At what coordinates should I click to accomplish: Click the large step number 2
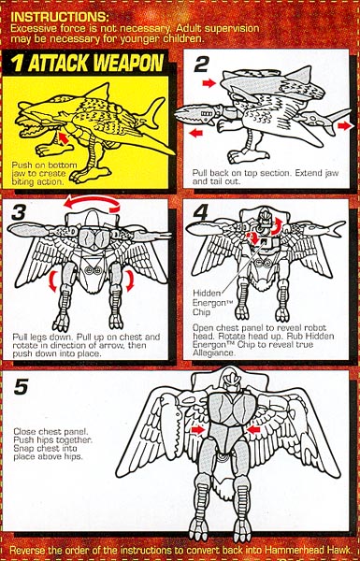(201, 65)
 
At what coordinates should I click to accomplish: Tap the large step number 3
(19, 212)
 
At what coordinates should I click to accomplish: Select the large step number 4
(200, 212)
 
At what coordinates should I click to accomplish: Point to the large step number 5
(21, 386)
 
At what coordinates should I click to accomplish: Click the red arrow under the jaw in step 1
(63, 137)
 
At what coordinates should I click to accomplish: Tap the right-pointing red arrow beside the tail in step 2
(343, 125)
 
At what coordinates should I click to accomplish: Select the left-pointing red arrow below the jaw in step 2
(195, 133)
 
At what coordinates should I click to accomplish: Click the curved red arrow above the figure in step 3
(92, 200)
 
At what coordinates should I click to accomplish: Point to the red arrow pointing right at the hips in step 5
(197, 429)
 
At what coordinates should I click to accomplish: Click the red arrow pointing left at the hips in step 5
(253, 428)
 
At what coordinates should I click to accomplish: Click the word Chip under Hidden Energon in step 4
(201, 311)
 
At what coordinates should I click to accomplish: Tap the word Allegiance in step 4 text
(212, 353)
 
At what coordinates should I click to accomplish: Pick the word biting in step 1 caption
(22, 181)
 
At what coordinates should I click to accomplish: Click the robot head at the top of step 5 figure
(229, 381)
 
